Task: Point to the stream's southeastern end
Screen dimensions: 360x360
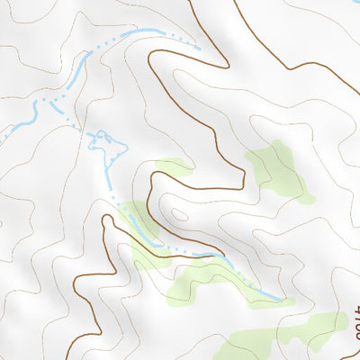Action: tap(284, 300)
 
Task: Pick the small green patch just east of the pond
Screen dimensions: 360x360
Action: tap(171, 167)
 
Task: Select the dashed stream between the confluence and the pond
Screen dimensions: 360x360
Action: tap(76, 121)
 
